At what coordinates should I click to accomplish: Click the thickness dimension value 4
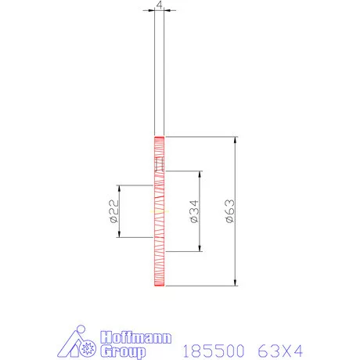[160, 5]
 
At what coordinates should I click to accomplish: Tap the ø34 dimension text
[193, 211]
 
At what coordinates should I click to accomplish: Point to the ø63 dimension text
[229, 212]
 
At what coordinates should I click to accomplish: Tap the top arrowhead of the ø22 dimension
[119, 188]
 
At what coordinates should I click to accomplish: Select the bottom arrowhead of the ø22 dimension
[119, 236]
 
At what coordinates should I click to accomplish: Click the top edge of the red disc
[159, 137]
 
